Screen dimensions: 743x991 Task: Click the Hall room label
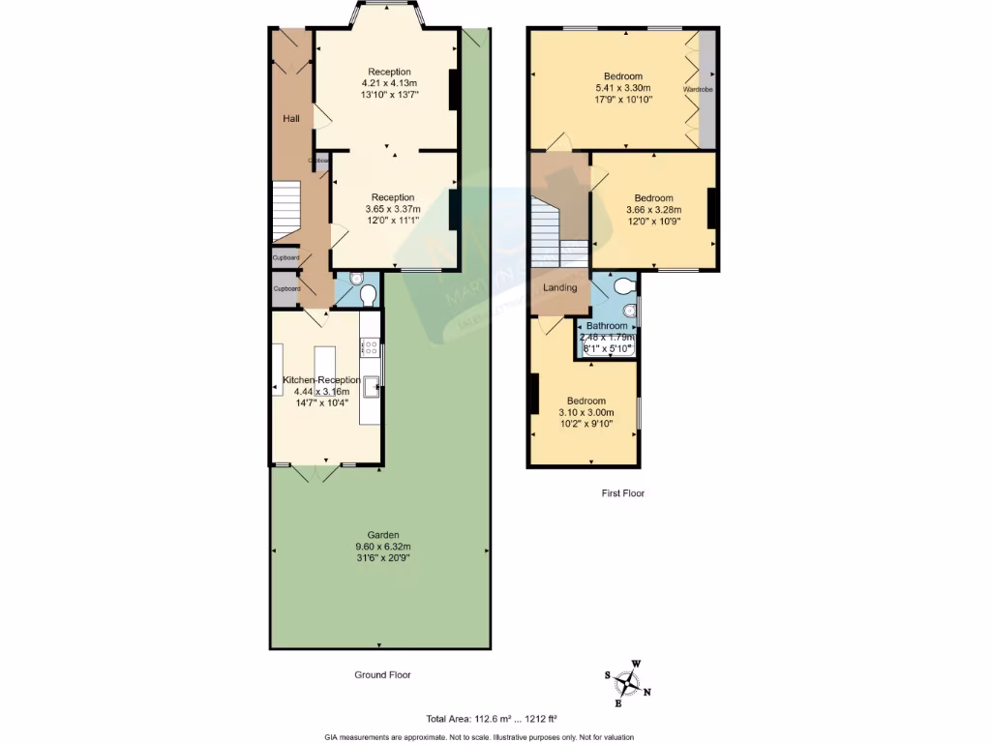coord(290,118)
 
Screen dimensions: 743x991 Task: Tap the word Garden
coord(382,535)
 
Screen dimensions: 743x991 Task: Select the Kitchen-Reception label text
coord(320,380)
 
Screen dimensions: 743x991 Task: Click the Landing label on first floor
coord(560,287)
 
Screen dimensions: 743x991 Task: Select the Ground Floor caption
coord(382,675)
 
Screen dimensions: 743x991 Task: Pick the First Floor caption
coord(622,493)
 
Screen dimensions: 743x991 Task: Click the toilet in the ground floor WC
coord(368,294)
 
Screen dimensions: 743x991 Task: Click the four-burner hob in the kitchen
coord(369,344)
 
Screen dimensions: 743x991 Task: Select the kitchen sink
coord(371,386)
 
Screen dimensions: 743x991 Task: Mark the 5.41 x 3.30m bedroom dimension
coord(623,87)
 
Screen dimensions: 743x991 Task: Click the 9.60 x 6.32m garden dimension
coord(382,547)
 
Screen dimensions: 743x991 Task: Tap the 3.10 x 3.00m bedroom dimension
coord(586,413)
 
